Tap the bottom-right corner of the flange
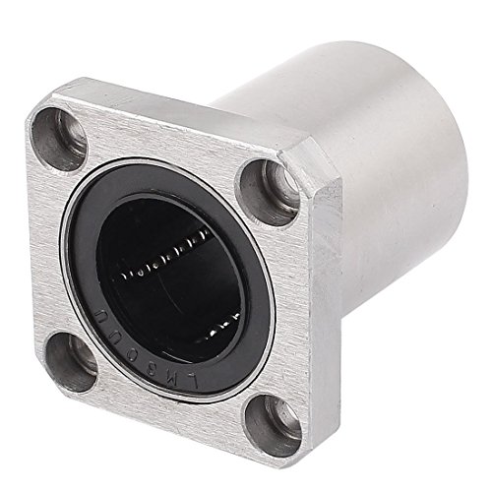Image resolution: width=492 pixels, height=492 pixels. pyautogui.click(x=251, y=433)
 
